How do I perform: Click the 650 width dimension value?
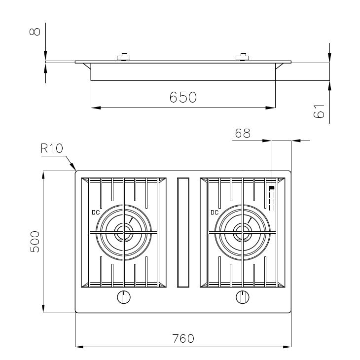pyautogui.click(x=183, y=97)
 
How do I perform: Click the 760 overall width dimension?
pyautogui.click(x=183, y=338)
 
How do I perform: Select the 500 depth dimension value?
pyautogui.click(x=35, y=242)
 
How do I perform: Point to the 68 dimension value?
pyautogui.click(x=243, y=133)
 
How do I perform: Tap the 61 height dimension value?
pyautogui.click(x=319, y=111)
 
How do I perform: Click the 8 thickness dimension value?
pyautogui.click(x=35, y=32)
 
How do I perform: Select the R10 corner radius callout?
pyautogui.click(x=52, y=148)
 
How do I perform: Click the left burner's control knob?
pyautogui.click(x=124, y=297)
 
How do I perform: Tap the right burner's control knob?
pyautogui.click(x=243, y=297)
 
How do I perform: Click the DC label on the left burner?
pyautogui.click(x=96, y=213)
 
